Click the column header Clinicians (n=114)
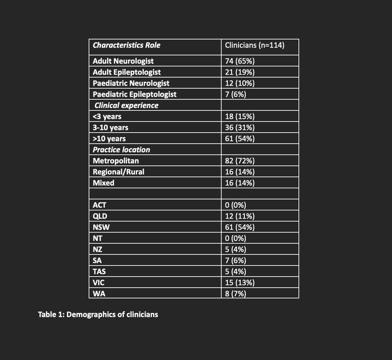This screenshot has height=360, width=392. click(255, 45)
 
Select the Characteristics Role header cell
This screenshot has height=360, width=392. click(126, 45)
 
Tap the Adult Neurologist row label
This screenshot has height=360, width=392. click(123, 61)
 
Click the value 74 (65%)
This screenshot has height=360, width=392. click(240, 61)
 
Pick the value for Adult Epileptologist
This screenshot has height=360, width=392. click(240, 72)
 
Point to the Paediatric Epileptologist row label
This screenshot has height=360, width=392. click(134, 94)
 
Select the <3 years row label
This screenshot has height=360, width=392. click(107, 117)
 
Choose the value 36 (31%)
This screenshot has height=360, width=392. click(240, 128)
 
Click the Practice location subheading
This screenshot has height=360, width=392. click(122, 150)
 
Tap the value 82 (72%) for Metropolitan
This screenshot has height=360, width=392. click(240, 161)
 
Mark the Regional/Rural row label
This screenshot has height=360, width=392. click(118, 172)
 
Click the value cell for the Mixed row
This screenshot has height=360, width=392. click(240, 183)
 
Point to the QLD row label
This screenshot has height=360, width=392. click(100, 216)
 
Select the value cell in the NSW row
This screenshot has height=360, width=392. click(240, 227)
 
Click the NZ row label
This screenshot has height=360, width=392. click(97, 250)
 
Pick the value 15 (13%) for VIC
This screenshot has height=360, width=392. click(240, 283)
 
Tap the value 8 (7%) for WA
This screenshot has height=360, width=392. click(235, 294)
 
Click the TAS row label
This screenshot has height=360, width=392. click(99, 272)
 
